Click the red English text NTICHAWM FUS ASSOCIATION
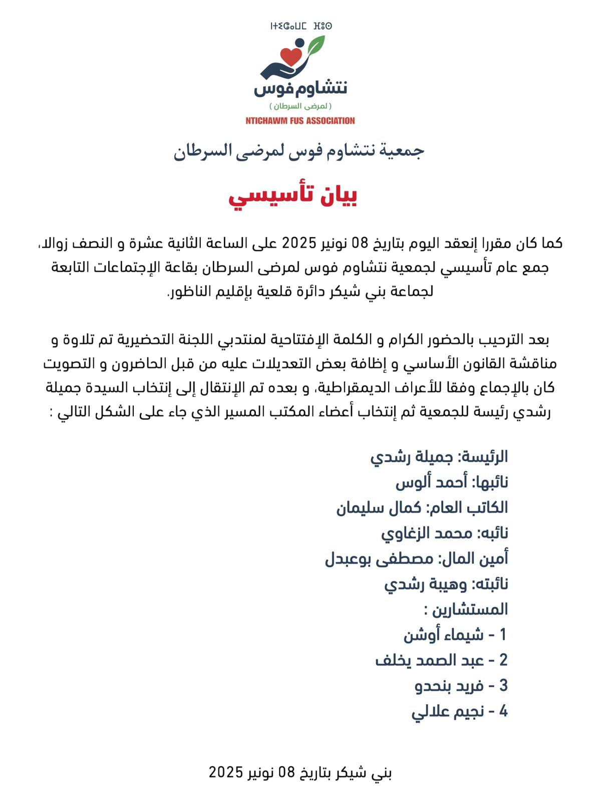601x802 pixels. click(x=300, y=121)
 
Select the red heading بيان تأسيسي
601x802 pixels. click(x=293, y=196)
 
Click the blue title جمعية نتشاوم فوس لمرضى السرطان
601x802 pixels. click(x=299, y=150)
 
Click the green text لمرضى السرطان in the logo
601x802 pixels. click(x=300, y=106)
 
